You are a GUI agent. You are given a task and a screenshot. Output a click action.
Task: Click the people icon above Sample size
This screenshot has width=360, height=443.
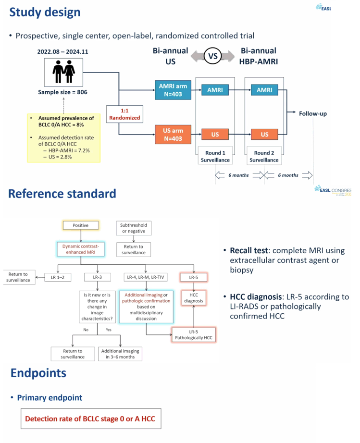click(x=63, y=72)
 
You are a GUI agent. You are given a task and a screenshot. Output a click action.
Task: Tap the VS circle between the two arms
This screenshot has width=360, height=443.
click(x=213, y=56)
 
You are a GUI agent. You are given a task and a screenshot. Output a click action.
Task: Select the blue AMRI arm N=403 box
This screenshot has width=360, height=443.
click(x=173, y=90)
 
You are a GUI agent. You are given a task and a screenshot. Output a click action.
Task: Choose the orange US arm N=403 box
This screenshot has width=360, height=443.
click(x=173, y=135)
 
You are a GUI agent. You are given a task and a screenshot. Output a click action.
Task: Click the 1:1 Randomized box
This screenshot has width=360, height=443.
click(x=124, y=114)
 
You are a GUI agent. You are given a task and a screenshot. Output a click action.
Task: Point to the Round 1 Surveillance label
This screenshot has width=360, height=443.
click(x=215, y=156)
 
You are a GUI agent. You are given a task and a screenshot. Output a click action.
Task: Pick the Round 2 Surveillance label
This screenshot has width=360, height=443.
click(x=264, y=156)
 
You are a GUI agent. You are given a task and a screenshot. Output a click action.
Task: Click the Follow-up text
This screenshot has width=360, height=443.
click(x=313, y=113)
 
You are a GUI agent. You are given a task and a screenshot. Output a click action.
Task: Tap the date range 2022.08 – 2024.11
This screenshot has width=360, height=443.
click(x=63, y=52)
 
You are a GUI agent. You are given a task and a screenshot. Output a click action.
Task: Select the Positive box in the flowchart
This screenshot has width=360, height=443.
click(x=81, y=225)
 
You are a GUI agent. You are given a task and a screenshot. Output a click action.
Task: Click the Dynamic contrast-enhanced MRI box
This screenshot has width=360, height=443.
click(x=81, y=249)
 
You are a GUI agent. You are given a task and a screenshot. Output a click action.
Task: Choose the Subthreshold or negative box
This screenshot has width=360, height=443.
click(x=134, y=228)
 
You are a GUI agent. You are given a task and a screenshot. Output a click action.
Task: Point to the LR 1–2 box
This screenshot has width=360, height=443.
click(x=58, y=277)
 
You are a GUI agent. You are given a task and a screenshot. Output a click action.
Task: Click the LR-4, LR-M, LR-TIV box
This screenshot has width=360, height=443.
click(x=146, y=277)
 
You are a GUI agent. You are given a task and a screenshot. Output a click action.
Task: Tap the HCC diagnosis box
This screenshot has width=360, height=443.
click(x=194, y=298)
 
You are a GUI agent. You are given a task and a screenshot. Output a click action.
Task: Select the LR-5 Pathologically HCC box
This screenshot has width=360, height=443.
click(x=194, y=335)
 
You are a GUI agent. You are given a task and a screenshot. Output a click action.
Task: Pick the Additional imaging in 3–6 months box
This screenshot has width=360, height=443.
click(x=120, y=354)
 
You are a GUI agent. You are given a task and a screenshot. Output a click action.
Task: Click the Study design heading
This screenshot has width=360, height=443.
click(x=45, y=12)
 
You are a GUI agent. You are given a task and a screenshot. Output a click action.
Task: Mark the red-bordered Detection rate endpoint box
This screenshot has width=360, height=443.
click(x=91, y=418)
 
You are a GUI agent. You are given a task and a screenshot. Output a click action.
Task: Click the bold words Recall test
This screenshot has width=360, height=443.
click(x=248, y=251)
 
